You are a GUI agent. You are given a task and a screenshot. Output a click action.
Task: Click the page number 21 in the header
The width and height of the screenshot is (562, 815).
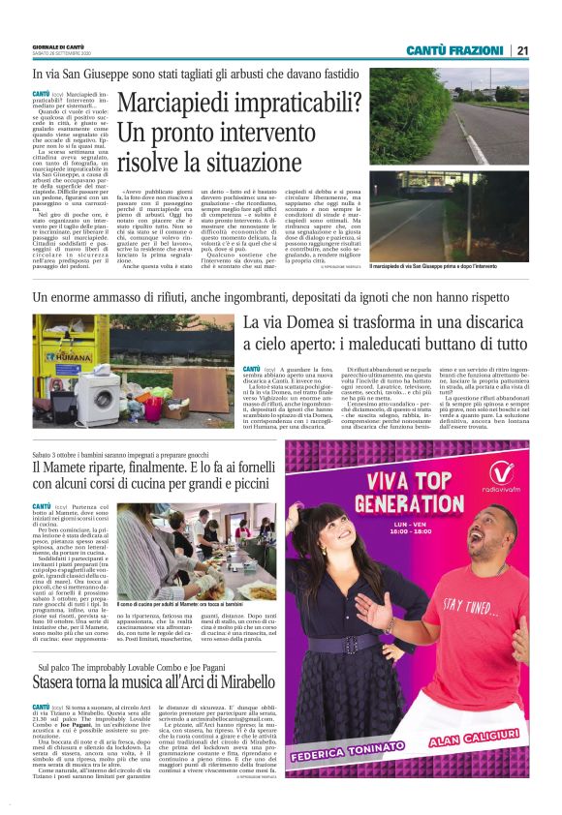click(x=522, y=50)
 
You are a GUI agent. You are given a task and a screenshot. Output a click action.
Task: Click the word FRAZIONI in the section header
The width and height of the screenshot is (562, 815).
click(x=475, y=50)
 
